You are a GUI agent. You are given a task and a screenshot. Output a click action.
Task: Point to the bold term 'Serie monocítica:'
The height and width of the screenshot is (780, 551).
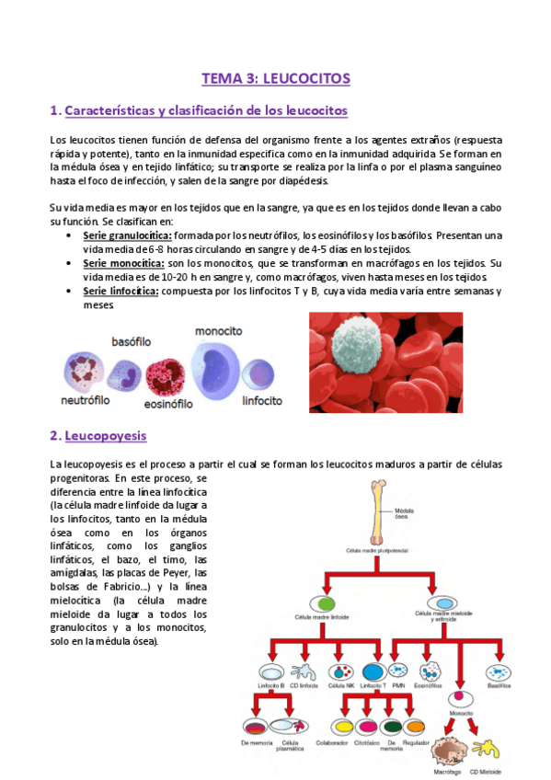115,262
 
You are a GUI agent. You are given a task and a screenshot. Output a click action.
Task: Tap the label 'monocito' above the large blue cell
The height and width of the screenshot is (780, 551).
218,330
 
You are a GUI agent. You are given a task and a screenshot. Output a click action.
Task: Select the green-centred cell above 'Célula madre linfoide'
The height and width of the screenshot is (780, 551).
324,604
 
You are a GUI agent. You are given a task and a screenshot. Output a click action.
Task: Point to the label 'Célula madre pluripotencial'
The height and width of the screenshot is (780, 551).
376,550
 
